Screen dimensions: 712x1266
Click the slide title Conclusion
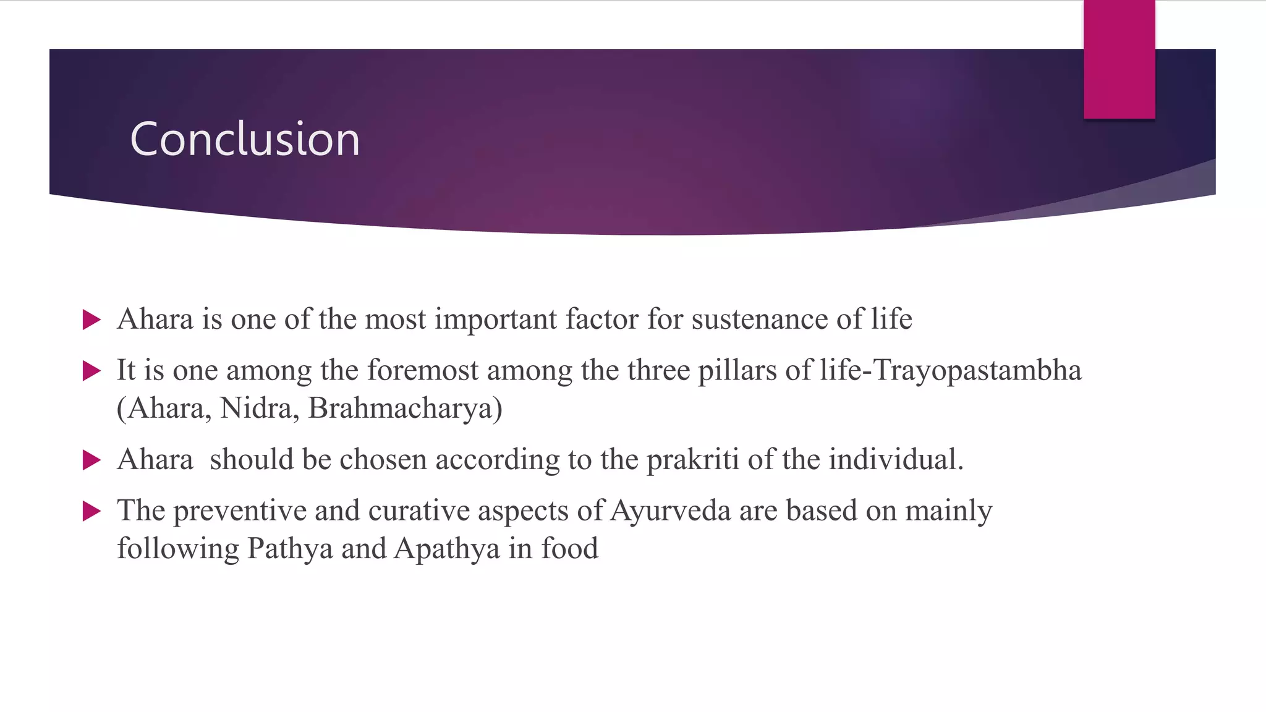pos(245,139)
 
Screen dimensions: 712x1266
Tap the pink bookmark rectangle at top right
pos(1119,59)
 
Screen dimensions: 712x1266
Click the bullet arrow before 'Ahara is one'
pos(91,320)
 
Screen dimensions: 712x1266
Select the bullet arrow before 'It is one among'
pos(91,371)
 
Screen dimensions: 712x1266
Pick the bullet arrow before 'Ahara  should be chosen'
pos(91,460)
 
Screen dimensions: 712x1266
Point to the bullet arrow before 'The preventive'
pos(91,511)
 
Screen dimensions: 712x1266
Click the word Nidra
pos(255,409)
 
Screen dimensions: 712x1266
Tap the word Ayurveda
pos(670,511)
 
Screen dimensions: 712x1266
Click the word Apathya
pos(446,549)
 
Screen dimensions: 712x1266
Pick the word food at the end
pos(569,549)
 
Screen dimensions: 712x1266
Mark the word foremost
pos(423,371)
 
